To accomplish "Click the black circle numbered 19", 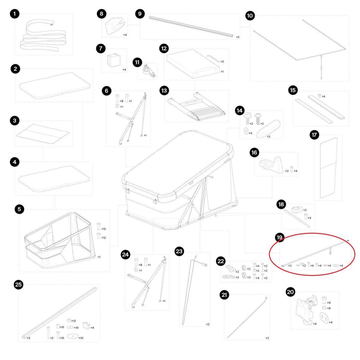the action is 280,237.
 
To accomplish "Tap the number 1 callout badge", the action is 15,14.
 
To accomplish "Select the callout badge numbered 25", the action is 18,284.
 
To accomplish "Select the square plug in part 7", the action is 114,60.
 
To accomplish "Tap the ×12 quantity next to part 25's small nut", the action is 73,321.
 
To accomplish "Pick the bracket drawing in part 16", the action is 271,165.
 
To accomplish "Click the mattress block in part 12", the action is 193,64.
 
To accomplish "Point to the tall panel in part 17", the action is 328,168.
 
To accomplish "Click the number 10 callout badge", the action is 250,16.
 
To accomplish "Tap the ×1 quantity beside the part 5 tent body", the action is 99,257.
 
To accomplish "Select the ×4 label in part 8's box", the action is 125,35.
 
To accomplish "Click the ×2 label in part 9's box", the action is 238,37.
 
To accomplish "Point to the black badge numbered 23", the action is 179,251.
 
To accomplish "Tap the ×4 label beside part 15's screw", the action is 323,96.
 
